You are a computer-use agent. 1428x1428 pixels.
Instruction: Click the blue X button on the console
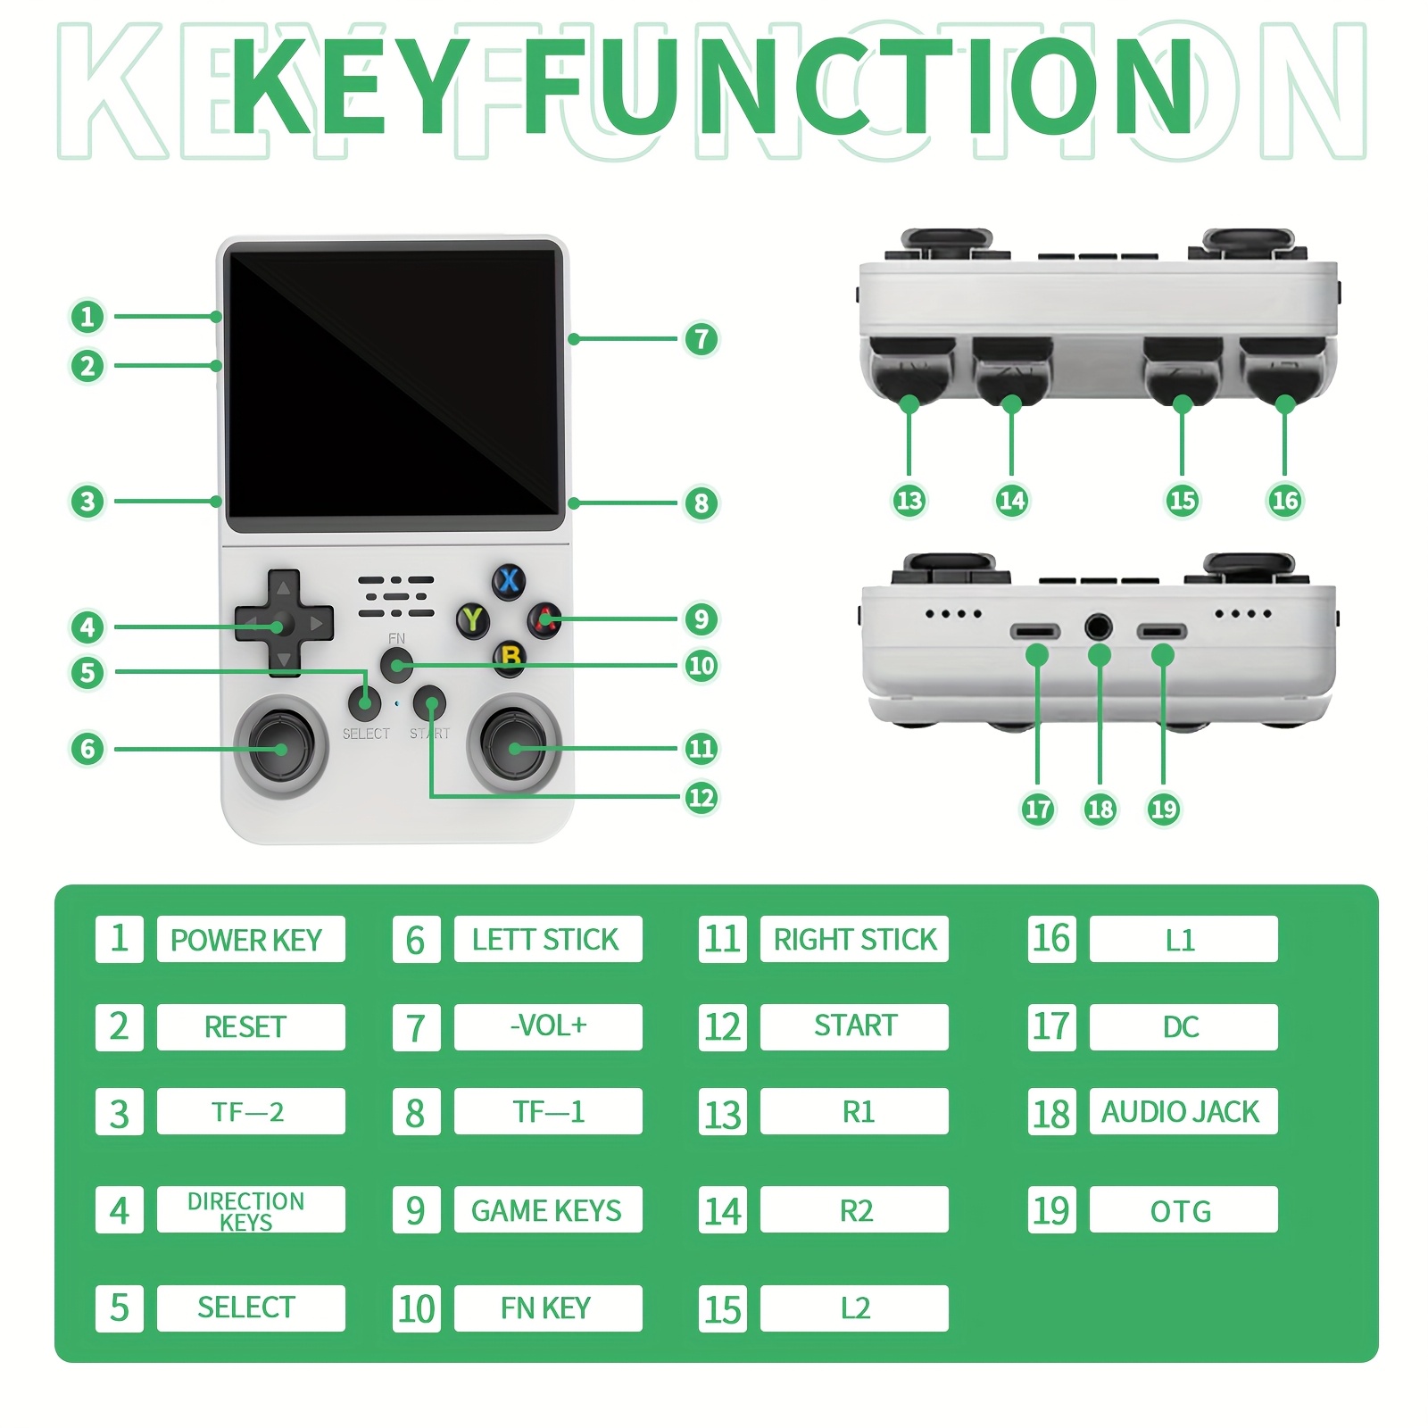[x=509, y=581]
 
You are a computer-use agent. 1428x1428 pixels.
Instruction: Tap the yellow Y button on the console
[x=472, y=619]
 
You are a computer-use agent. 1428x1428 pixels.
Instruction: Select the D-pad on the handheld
[x=284, y=622]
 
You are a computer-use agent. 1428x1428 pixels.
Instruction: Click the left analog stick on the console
[x=281, y=747]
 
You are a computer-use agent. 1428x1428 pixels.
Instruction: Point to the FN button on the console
[x=396, y=665]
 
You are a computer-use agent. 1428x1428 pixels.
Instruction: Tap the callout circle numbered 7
[x=702, y=339]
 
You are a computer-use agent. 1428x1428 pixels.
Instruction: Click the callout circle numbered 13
[x=909, y=500]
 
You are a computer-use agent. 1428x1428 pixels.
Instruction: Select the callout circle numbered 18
[x=1100, y=809]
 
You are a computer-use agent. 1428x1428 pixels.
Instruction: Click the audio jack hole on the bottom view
[x=1099, y=627]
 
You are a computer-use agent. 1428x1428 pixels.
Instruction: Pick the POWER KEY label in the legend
[x=246, y=940]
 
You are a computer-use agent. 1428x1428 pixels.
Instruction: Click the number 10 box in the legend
[x=417, y=1308]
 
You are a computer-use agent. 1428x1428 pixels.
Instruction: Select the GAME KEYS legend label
[x=547, y=1210]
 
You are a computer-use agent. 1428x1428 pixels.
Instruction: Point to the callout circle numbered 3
[x=87, y=501]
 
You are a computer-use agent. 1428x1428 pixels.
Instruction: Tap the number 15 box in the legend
[x=723, y=1308]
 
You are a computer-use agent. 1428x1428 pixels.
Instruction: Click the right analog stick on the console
[x=514, y=747]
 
